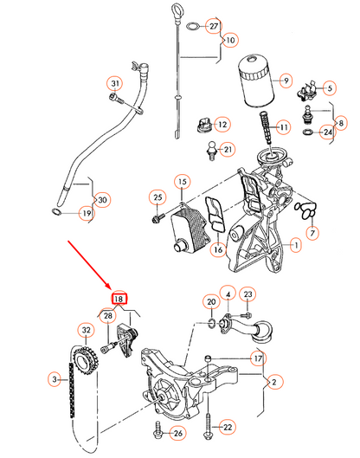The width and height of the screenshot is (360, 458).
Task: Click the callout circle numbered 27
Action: coord(213,27)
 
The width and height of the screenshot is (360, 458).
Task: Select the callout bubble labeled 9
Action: coord(282,81)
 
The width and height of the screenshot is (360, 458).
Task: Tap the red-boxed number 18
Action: coord(119,299)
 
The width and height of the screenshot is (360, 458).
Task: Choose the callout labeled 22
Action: coord(227,426)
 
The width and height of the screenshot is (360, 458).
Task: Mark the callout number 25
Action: coord(157,197)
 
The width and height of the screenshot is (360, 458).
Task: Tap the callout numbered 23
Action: coord(246,295)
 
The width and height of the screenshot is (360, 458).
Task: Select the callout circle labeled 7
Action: coord(312,233)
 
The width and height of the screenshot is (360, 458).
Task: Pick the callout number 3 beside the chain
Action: coord(55,379)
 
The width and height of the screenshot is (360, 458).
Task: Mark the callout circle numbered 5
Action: coord(328,87)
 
